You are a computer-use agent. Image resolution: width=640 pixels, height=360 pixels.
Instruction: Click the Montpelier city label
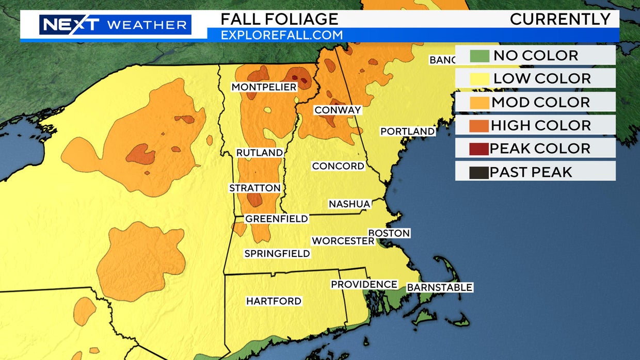tap(264, 87)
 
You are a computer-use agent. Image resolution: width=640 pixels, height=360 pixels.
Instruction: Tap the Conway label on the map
tap(338, 110)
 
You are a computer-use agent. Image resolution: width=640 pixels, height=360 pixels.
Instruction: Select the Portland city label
tap(407, 132)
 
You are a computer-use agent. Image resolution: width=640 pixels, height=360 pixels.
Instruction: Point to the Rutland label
tap(259, 153)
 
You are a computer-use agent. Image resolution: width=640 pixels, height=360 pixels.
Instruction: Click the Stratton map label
tap(255, 188)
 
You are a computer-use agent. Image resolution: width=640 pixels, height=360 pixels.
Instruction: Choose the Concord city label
tap(338, 166)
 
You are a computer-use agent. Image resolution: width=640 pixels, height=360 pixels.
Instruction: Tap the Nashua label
tap(349, 204)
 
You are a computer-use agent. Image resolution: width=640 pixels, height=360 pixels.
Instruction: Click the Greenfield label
tap(276, 219)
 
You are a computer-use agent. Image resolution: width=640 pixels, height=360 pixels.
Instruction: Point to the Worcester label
tap(343, 241)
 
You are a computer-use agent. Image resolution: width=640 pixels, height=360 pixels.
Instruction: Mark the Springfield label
tap(277, 253)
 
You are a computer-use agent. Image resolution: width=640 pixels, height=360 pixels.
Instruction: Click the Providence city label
tap(364, 284)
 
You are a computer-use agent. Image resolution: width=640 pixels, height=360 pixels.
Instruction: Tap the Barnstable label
tap(439, 287)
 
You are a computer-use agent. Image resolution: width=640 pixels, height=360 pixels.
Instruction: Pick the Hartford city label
tap(274, 301)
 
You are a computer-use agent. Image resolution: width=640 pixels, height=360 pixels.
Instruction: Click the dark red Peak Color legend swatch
tap(478, 149)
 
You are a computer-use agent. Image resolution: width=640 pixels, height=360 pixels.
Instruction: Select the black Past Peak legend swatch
tap(478, 172)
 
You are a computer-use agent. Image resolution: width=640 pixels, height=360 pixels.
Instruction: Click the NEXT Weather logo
tap(115, 25)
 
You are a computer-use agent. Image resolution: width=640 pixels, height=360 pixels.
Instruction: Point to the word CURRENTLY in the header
tap(560, 19)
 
